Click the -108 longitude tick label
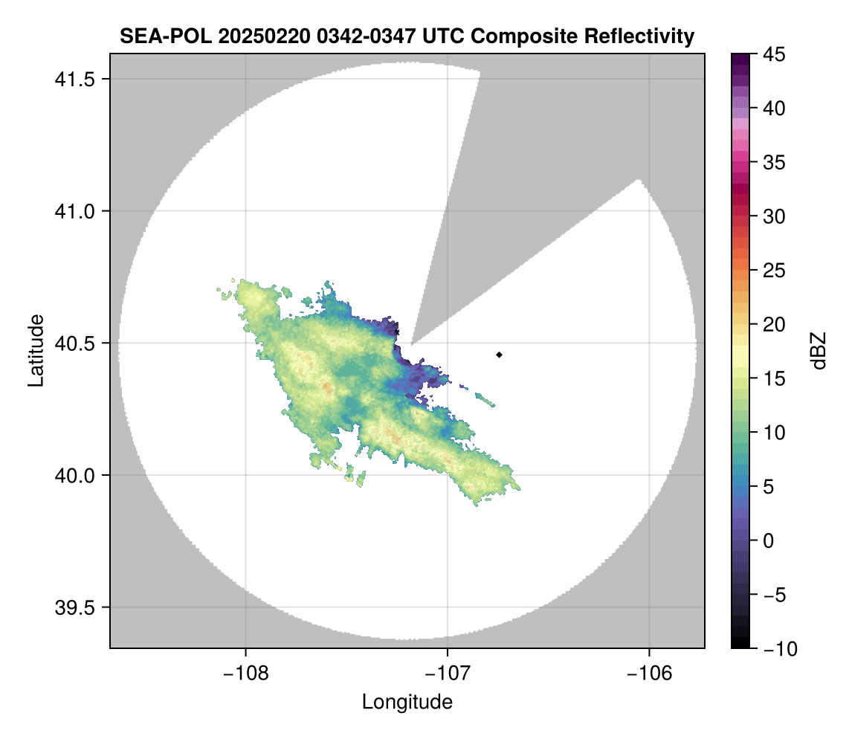pos(245,674)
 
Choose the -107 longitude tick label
pos(448,674)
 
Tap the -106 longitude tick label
pos(649,674)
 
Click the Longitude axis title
pos(407,702)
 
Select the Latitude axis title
pos(36,349)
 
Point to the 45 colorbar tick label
pos(774,54)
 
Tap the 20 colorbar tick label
pos(774,324)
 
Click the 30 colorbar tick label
pos(774,216)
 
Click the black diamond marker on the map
pos(500,355)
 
